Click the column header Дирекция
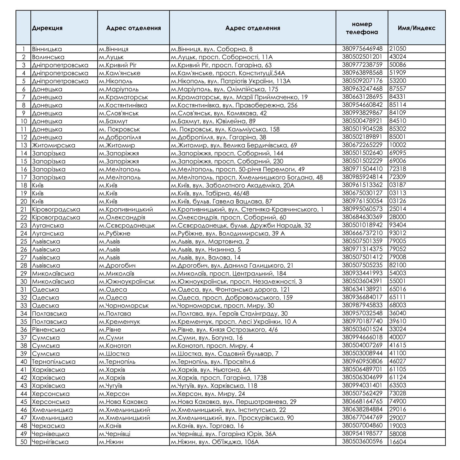47,28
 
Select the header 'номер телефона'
362,28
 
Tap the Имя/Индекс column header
416,28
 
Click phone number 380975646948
362,49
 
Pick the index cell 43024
398,57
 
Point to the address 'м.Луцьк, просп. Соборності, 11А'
222,57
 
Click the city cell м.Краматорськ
123,97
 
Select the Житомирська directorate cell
53,145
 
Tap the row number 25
24,241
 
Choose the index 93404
398,225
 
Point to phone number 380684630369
362,217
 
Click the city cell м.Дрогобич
117,265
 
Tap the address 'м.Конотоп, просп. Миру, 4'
212,346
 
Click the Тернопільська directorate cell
53,362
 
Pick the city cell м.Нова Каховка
123,402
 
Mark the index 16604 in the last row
398,442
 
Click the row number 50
24,442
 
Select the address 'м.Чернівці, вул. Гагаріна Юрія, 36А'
223,434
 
